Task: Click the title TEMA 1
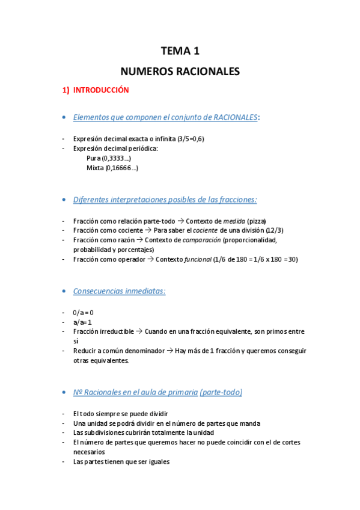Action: point(180,52)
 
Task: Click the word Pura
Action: point(94,158)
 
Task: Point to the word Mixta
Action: point(95,168)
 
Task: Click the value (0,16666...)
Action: point(122,168)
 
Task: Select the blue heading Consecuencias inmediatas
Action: point(119,291)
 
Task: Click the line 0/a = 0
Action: point(83,313)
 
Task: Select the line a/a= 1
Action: point(82,322)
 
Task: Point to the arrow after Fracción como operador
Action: point(150,259)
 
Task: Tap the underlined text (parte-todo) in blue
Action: point(221,393)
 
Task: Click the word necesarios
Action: point(89,452)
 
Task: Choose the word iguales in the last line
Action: point(156,462)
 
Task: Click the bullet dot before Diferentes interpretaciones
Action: point(64,200)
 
